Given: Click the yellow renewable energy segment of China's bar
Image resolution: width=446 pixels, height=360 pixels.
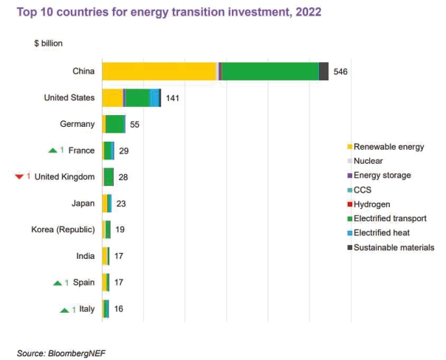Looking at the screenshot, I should click(x=159, y=72).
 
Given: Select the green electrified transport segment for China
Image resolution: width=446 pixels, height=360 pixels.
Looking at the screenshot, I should click(x=270, y=72).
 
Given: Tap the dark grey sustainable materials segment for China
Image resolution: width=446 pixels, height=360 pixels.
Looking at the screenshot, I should click(x=323, y=72).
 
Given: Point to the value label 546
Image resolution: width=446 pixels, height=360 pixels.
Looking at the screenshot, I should click(x=340, y=72).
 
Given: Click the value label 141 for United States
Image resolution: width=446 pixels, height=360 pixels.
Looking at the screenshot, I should click(x=171, y=98).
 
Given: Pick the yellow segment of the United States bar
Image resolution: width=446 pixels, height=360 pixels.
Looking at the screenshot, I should click(x=112, y=98).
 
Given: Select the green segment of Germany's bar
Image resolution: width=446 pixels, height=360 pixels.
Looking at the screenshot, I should click(x=116, y=125).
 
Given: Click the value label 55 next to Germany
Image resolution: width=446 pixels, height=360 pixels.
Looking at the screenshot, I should click(x=134, y=125).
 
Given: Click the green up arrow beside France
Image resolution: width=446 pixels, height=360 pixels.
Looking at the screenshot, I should click(x=52, y=151).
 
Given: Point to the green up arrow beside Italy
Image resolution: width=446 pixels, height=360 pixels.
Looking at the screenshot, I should click(x=64, y=310).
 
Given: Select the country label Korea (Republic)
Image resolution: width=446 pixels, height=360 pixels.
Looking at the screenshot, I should click(x=63, y=229).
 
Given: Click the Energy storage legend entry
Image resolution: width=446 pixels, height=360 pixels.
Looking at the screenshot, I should click(x=382, y=176).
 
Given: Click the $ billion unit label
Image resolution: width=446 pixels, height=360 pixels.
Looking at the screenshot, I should click(x=49, y=44).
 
